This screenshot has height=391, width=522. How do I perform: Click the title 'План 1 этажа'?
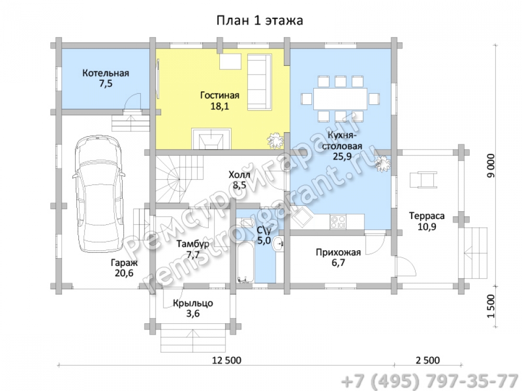pos(259,21)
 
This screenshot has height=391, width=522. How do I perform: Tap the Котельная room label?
pos(105,73)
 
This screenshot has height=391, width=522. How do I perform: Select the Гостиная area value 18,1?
pos(220,106)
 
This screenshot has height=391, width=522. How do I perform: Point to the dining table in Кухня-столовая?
pos(340,99)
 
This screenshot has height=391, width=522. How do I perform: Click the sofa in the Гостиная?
pos(259,82)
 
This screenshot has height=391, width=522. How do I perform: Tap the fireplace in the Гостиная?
pos(211,139)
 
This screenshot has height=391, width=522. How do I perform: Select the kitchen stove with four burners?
pos(338,222)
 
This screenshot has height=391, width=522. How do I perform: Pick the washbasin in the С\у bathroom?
pos(278,245)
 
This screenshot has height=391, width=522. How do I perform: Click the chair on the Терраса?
pos(423,179)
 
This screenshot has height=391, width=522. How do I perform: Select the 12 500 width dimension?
pos(227,360)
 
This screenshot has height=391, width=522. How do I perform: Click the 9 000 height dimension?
pos(491,165)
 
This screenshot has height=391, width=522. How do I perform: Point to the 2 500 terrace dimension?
pos(428,360)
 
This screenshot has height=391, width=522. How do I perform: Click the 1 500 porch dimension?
pos(491,306)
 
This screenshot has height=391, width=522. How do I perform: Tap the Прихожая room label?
pos(338,253)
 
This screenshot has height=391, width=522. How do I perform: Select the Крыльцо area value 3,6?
pos(193,313)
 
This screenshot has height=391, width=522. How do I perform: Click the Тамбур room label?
pos(193,245)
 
